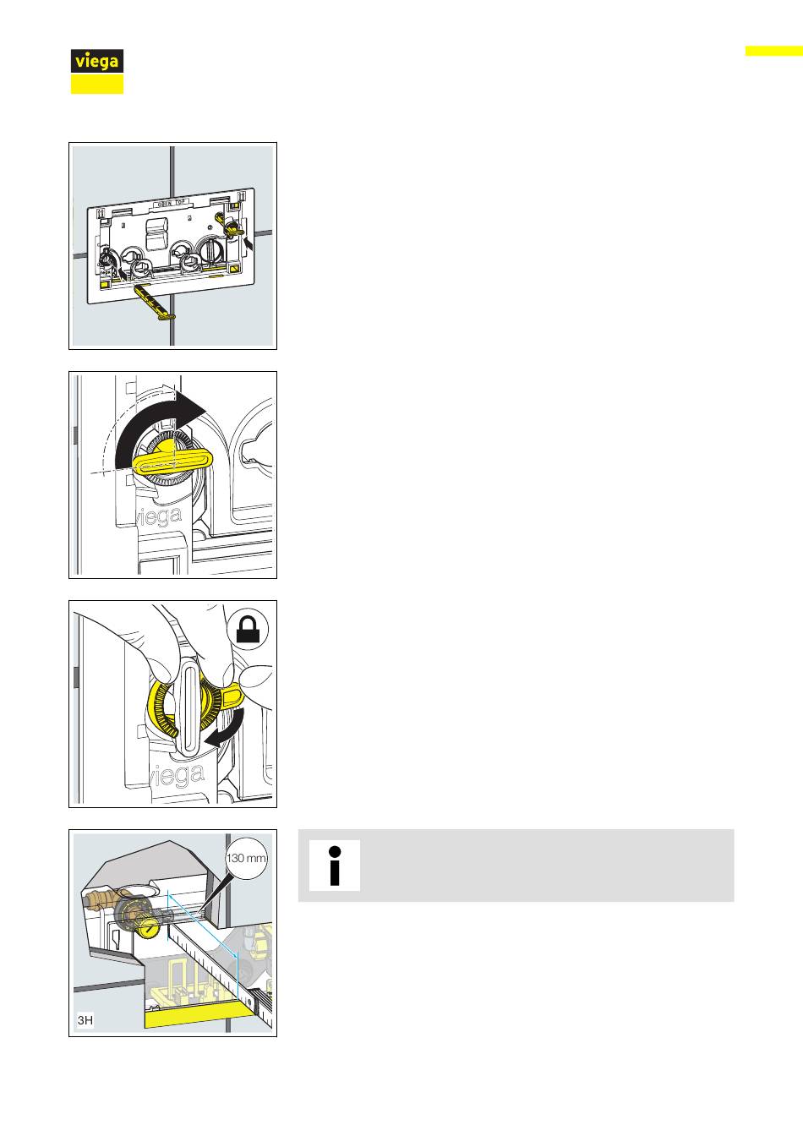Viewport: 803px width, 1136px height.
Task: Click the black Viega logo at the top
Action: [x=97, y=61]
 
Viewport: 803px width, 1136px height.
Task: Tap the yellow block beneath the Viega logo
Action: [x=97, y=85]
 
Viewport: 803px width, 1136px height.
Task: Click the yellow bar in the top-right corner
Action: [x=774, y=51]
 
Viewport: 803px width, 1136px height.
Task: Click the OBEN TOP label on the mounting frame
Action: [x=172, y=203]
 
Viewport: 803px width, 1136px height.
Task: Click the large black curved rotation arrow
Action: [x=152, y=425]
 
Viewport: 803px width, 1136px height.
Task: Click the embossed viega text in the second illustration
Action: [x=158, y=516]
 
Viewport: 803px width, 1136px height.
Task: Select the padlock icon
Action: [x=248, y=630]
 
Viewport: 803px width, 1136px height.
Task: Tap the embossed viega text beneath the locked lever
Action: [x=178, y=775]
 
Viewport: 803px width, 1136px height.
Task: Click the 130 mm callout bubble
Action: [x=246, y=858]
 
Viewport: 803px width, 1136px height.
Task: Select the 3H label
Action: [x=85, y=1020]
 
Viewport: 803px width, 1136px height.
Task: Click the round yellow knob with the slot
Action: [x=149, y=929]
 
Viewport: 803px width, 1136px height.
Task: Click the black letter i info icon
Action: [x=334, y=866]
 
